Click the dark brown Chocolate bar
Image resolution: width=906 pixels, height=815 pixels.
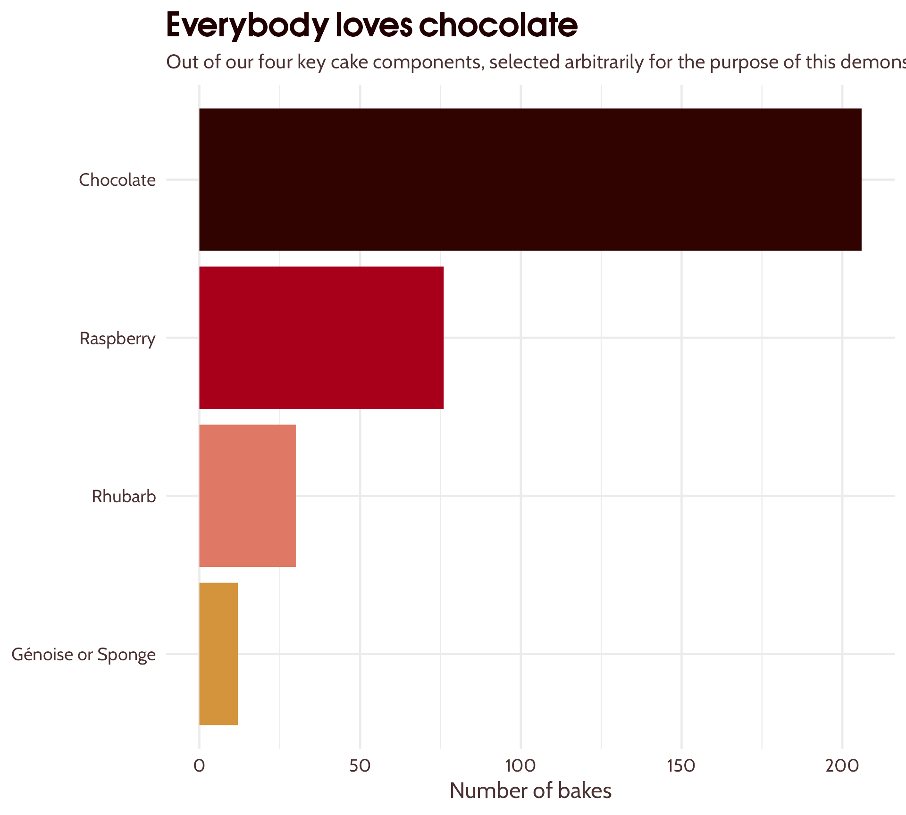pyautogui.click(x=530, y=179)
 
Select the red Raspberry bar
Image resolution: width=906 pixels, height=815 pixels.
pyautogui.click(x=321, y=338)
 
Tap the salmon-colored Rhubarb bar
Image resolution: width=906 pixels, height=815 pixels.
pyautogui.click(x=247, y=496)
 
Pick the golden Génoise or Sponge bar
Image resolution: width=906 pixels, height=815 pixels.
pyautogui.click(x=218, y=654)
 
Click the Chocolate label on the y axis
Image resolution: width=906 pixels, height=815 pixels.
pyautogui.click(x=117, y=180)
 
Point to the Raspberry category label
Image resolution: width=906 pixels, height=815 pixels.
pyautogui.click(x=117, y=338)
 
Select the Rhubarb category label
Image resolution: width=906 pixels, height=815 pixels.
pyautogui.click(x=124, y=496)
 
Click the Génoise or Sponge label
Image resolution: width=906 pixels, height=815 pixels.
pyautogui.click(x=84, y=654)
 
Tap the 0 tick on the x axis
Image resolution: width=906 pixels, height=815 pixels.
pyautogui.click(x=199, y=765)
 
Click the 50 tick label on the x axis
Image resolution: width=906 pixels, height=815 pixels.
pyautogui.click(x=360, y=765)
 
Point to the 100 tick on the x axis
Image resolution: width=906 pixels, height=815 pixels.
pyautogui.click(x=520, y=765)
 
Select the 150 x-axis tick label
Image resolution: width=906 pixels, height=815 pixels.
pyautogui.click(x=681, y=765)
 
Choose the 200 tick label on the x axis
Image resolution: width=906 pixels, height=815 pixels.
pyautogui.click(x=842, y=765)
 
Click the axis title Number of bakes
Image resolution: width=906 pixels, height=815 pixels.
pyautogui.click(x=530, y=791)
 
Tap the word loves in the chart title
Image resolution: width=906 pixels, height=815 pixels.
pyautogui.click(x=374, y=25)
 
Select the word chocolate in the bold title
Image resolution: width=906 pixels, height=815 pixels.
pyautogui.click(x=498, y=25)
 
